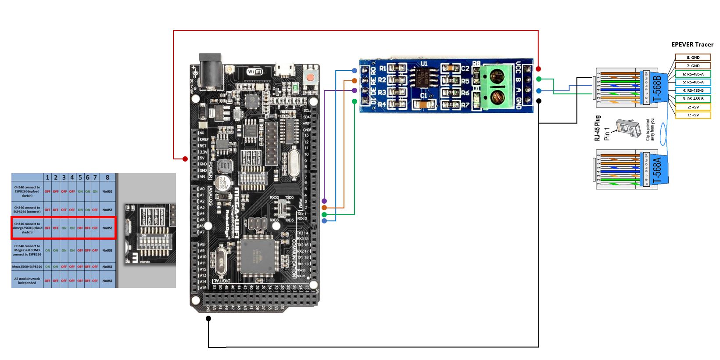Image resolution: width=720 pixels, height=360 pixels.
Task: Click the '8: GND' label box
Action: click(693, 58)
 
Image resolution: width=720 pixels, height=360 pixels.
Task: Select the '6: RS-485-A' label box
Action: click(693, 74)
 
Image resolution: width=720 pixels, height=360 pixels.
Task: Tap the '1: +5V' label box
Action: click(693, 115)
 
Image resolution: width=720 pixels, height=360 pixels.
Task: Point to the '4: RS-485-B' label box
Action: click(693, 90)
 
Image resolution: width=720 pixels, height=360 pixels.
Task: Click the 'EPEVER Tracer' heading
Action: click(692, 44)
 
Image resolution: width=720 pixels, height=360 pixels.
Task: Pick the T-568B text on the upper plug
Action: click(657, 88)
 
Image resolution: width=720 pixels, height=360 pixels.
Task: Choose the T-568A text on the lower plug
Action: click(657, 169)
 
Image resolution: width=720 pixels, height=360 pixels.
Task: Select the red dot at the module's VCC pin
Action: click(538, 69)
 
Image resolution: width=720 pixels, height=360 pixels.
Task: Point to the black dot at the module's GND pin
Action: click(538, 101)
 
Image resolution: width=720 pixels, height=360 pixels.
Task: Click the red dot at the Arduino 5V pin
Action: click(185, 158)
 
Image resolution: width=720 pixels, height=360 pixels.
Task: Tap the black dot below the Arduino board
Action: click(208, 318)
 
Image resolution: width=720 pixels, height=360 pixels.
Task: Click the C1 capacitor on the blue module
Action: click(423, 104)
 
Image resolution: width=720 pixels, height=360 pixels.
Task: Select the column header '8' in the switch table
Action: click(107, 177)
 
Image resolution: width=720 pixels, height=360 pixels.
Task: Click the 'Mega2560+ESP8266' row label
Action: click(28, 266)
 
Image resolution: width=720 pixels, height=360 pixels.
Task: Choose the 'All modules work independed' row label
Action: click(27, 281)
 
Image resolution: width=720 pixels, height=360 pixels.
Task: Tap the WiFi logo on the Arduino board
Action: click(255, 72)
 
